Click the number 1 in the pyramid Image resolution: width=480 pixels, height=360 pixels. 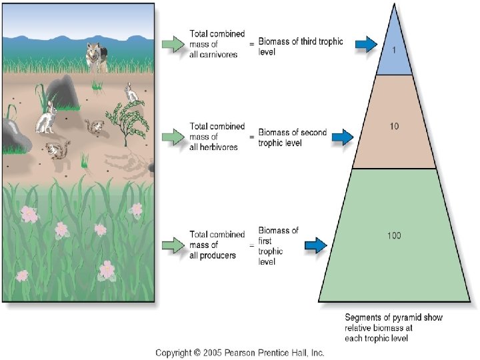click(x=395, y=48)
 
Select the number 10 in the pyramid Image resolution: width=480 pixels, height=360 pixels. click(x=395, y=126)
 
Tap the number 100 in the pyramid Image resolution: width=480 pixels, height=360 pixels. click(x=394, y=235)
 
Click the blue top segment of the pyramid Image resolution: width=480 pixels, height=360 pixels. click(x=395, y=57)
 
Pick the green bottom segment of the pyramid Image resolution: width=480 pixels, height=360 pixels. click(x=395, y=267)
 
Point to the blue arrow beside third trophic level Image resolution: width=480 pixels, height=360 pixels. click(x=365, y=45)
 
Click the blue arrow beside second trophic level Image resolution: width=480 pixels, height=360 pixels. click(x=341, y=137)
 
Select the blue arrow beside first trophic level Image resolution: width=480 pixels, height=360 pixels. click(x=315, y=246)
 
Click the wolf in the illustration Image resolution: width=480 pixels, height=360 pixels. click(x=98, y=57)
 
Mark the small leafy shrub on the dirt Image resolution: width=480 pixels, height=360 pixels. click(x=127, y=119)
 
